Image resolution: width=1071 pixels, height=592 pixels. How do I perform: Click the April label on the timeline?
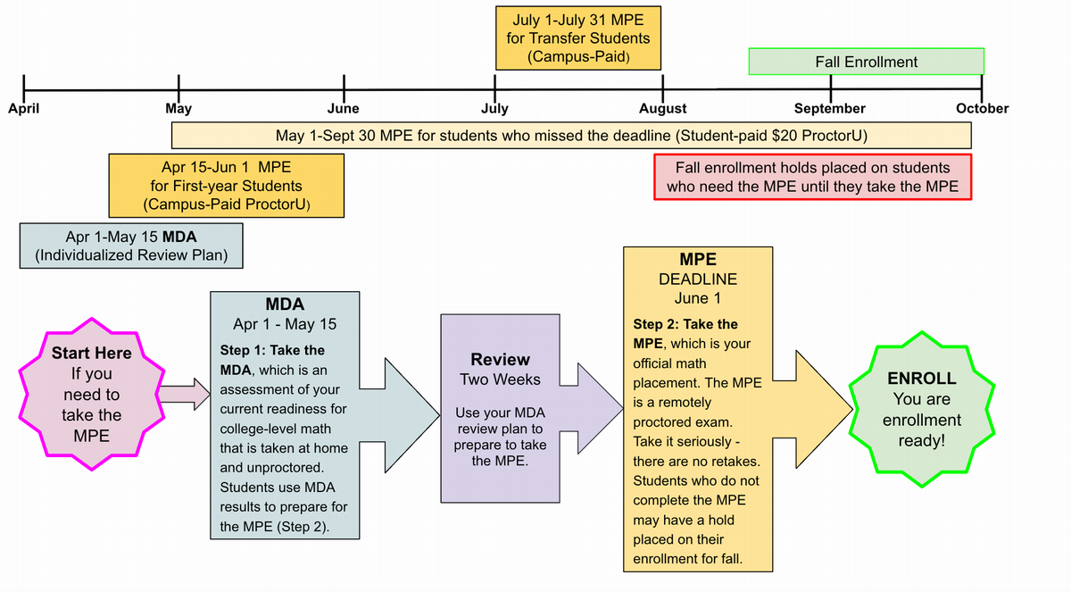coord(23,109)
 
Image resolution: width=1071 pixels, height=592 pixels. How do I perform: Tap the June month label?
coord(344,109)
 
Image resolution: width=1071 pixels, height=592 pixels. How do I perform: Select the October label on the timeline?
coord(982,109)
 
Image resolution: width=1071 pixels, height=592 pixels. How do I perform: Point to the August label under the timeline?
coord(663,109)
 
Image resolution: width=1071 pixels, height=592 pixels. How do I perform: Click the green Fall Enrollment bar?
coord(866,62)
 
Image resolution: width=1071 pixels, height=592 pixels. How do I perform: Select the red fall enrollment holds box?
coord(812,177)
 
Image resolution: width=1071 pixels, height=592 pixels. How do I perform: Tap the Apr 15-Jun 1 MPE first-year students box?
coord(226,186)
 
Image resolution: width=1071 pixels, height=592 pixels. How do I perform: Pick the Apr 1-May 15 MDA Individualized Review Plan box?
coord(131,246)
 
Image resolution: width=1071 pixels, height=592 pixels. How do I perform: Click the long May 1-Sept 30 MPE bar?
coord(571,136)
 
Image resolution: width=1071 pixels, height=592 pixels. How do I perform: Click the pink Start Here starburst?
coord(90,394)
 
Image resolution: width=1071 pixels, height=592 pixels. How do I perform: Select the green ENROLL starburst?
coord(922,409)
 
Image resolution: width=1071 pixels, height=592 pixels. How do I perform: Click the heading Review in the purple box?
coord(500,359)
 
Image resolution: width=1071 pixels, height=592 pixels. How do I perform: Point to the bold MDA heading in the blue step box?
coord(285,304)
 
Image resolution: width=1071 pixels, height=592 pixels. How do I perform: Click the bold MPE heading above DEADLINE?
coord(697,259)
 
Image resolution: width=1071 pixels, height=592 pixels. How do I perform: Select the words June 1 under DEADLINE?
coord(697,298)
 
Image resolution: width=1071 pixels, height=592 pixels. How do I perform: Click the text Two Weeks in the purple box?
coord(500,379)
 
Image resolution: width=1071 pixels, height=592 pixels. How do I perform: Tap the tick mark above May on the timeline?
coord(179,89)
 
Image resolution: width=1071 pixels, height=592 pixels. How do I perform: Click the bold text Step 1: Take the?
coord(272,350)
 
